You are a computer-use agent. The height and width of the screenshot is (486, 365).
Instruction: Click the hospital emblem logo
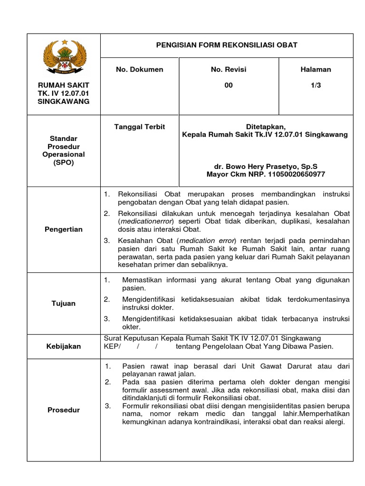[x=63, y=56]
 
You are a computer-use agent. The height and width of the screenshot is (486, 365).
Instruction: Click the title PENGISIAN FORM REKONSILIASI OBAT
[x=227, y=45]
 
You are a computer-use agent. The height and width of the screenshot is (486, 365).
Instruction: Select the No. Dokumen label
[x=139, y=70]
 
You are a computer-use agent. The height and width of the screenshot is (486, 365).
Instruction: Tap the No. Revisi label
[x=229, y=70]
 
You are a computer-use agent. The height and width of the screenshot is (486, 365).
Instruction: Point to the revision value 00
[x=229, y=85]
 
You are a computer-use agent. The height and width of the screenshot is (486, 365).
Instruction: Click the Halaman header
[x=316, y=70]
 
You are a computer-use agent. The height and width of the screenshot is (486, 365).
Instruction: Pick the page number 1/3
[x=316, y=85]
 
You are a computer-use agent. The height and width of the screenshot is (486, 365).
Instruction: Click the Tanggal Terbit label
[x=139, y=127]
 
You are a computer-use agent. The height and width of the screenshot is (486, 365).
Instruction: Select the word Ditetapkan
[x=265, y=127]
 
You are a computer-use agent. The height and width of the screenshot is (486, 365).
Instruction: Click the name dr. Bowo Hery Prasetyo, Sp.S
[x=265, y=167]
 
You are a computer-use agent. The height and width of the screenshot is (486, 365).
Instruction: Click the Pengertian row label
[x=63, y=230]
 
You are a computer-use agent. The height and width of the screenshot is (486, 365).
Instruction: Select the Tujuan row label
[x=63, y=303]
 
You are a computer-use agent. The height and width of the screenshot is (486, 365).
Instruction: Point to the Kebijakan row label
[x=63, y=346]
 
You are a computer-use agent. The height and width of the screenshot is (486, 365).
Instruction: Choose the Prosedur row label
[x=63, y=410]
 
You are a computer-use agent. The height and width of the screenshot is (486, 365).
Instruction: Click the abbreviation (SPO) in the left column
[x=63, y=163]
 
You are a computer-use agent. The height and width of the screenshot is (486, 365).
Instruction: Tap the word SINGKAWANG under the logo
[x=63, y=102]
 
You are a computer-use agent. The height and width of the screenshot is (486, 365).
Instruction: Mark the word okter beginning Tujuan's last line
[x=131, y=327]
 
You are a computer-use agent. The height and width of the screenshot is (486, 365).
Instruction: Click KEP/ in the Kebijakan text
[x=112, y=346]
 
